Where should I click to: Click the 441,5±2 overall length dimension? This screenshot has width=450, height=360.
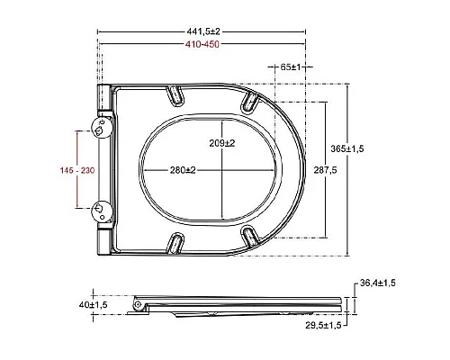click(x=203, y=31)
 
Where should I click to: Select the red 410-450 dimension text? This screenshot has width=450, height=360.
click(x=202, y=44)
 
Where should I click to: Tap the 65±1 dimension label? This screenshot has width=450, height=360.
click(x=291, y=67)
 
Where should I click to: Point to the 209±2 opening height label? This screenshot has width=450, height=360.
click(x=222, y=143)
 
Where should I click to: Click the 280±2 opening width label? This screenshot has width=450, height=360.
click(x=183, y=170)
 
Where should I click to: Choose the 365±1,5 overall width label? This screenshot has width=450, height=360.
click(x=347, y=148)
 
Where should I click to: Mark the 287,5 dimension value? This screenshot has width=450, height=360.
click(x=325, y=170)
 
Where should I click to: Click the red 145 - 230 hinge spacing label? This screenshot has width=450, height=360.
click(x=77, y=170)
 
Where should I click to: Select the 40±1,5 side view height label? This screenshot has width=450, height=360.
click(x=93, y=305)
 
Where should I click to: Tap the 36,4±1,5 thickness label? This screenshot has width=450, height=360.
click(x=378, y=283)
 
